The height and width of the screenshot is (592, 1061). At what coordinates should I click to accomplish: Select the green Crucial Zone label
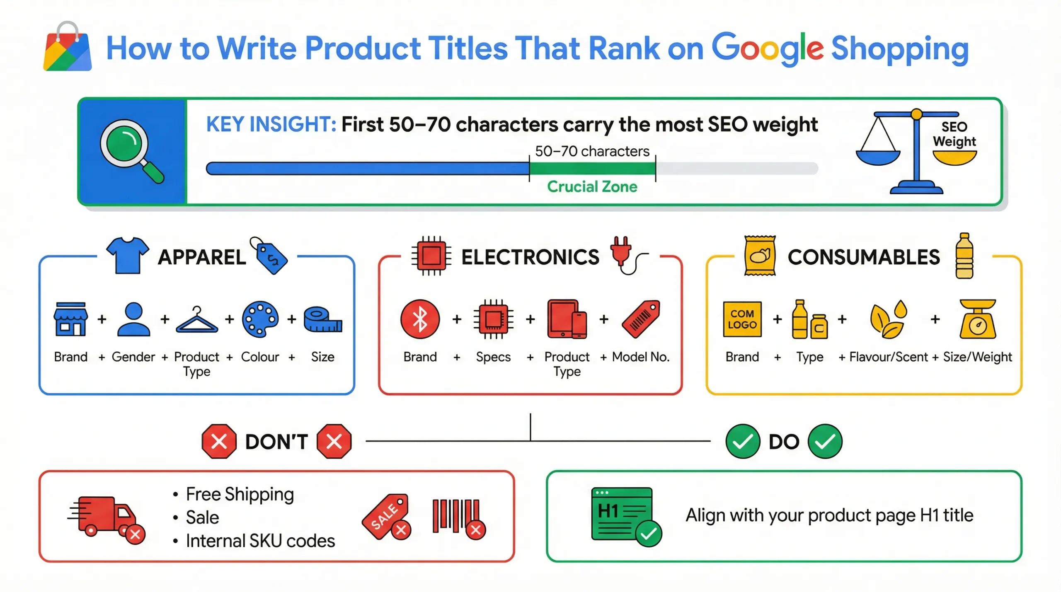click(x=592, y=187)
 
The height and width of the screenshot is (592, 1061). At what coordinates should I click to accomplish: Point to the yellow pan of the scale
click(x=954, y=157)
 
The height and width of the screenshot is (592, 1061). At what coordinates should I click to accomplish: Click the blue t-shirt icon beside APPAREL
click(x=127, y=255)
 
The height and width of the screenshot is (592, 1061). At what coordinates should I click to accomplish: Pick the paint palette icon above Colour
click(x=260, y=319)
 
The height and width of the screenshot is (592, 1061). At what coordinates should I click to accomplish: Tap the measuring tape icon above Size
click(x=322, y=320)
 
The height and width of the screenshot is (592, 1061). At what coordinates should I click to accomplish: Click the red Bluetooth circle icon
click(x=420, y=319)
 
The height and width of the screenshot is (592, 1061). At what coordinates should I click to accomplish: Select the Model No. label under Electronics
click(x=640, y=357)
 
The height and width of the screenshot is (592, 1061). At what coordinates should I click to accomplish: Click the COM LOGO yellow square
click(x=742, y=319)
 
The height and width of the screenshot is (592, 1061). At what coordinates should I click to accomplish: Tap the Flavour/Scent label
click(x=888, y=357)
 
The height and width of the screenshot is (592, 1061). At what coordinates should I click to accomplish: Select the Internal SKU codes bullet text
click(x=260, y=541)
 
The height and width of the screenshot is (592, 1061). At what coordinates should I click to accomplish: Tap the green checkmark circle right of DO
click(x=825, y=441)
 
